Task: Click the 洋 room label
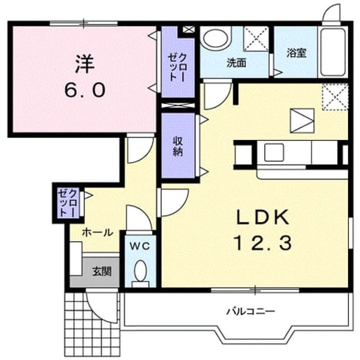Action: (x=85, y=64)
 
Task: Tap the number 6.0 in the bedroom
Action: (x=85, y=90)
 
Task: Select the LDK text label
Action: (x=262, y=217)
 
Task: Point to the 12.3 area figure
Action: (x=262, y=243)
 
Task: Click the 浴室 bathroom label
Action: (x=297, y=53)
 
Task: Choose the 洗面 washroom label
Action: (x=237, y=63)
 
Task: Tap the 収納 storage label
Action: (x=178, y=146)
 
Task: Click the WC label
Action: (x=140, y=246)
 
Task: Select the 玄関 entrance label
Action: (x=102, y=271)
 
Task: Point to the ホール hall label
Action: (x=98, y=233)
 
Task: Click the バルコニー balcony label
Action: (x=251, y=311)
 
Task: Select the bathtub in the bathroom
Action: (x=333, y=52)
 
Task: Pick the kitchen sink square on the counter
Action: (x=274, y=153)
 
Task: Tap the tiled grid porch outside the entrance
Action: (x=93, y=324)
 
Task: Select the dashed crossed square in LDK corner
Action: (x=335, y=97)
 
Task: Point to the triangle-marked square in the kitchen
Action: (x=302, y=121)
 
